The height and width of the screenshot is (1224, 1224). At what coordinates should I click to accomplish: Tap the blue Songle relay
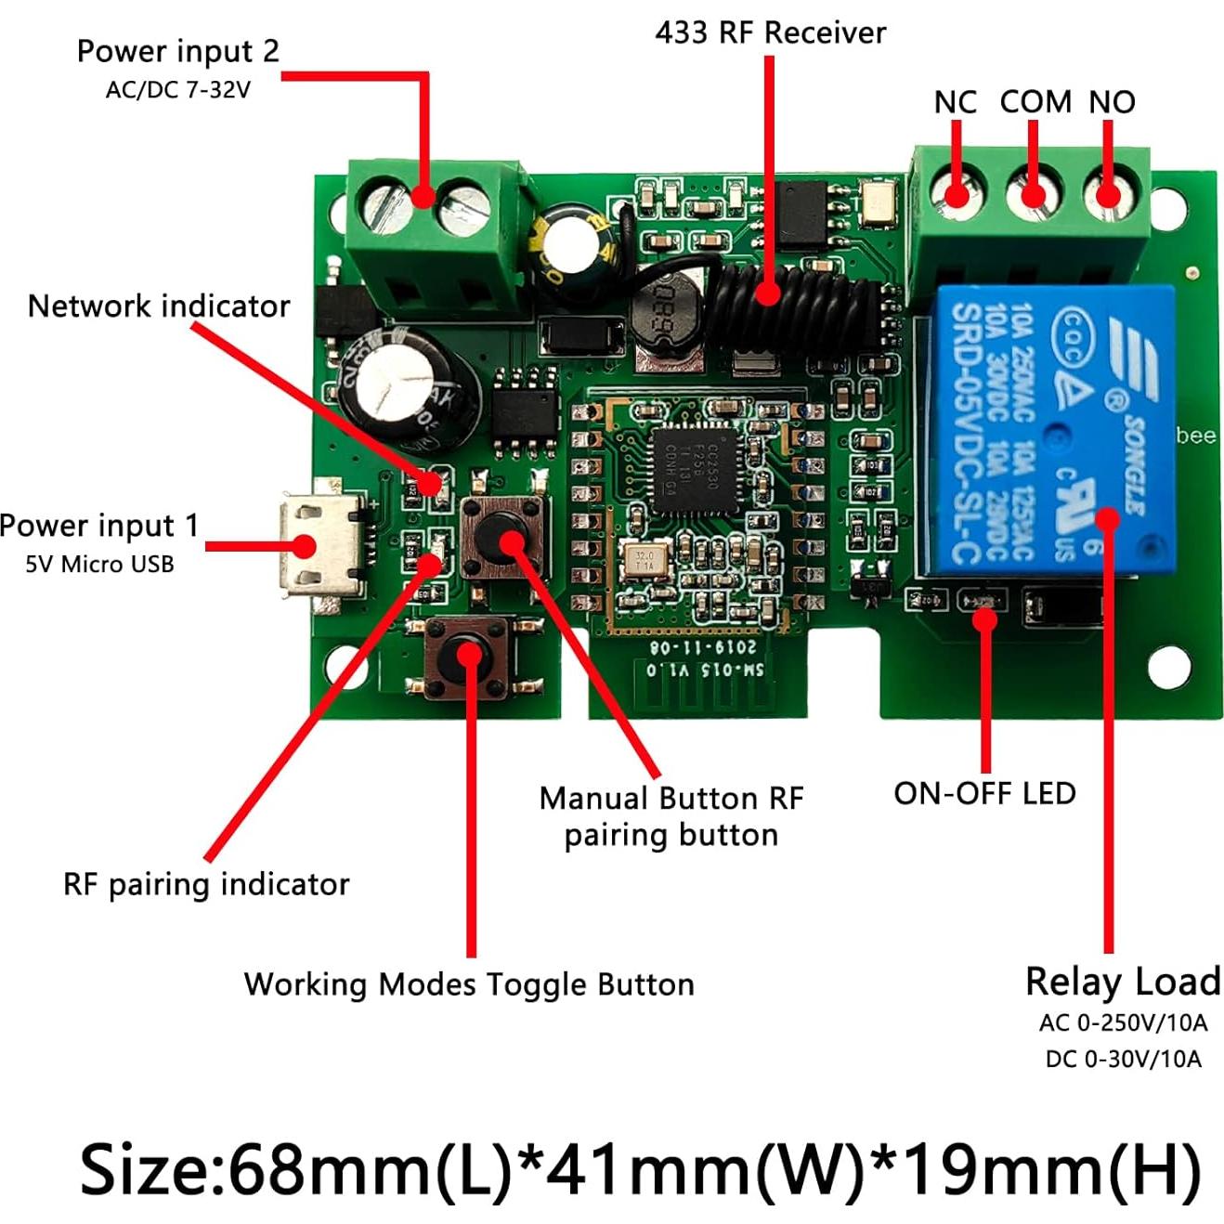(x=1049, y=433)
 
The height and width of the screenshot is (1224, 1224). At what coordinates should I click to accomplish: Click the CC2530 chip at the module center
(x=697, y=469)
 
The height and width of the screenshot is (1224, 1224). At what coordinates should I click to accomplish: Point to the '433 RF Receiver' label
(x=770, y=33)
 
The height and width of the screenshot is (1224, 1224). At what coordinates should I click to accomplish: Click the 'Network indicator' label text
(x=159, y=306)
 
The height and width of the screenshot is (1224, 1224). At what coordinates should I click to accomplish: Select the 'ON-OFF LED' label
(x=984, y=794)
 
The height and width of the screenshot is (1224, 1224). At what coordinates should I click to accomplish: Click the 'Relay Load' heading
(x=1122, y=982)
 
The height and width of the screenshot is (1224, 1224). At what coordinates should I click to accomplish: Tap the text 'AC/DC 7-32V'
(x=177, y=90)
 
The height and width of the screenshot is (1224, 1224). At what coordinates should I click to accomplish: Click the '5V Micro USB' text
(x=99, y=565)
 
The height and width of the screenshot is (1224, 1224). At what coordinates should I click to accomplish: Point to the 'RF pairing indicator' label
(x=206, y=884)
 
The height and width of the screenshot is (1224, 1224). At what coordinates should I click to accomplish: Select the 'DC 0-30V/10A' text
(x=1123, y=1059)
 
